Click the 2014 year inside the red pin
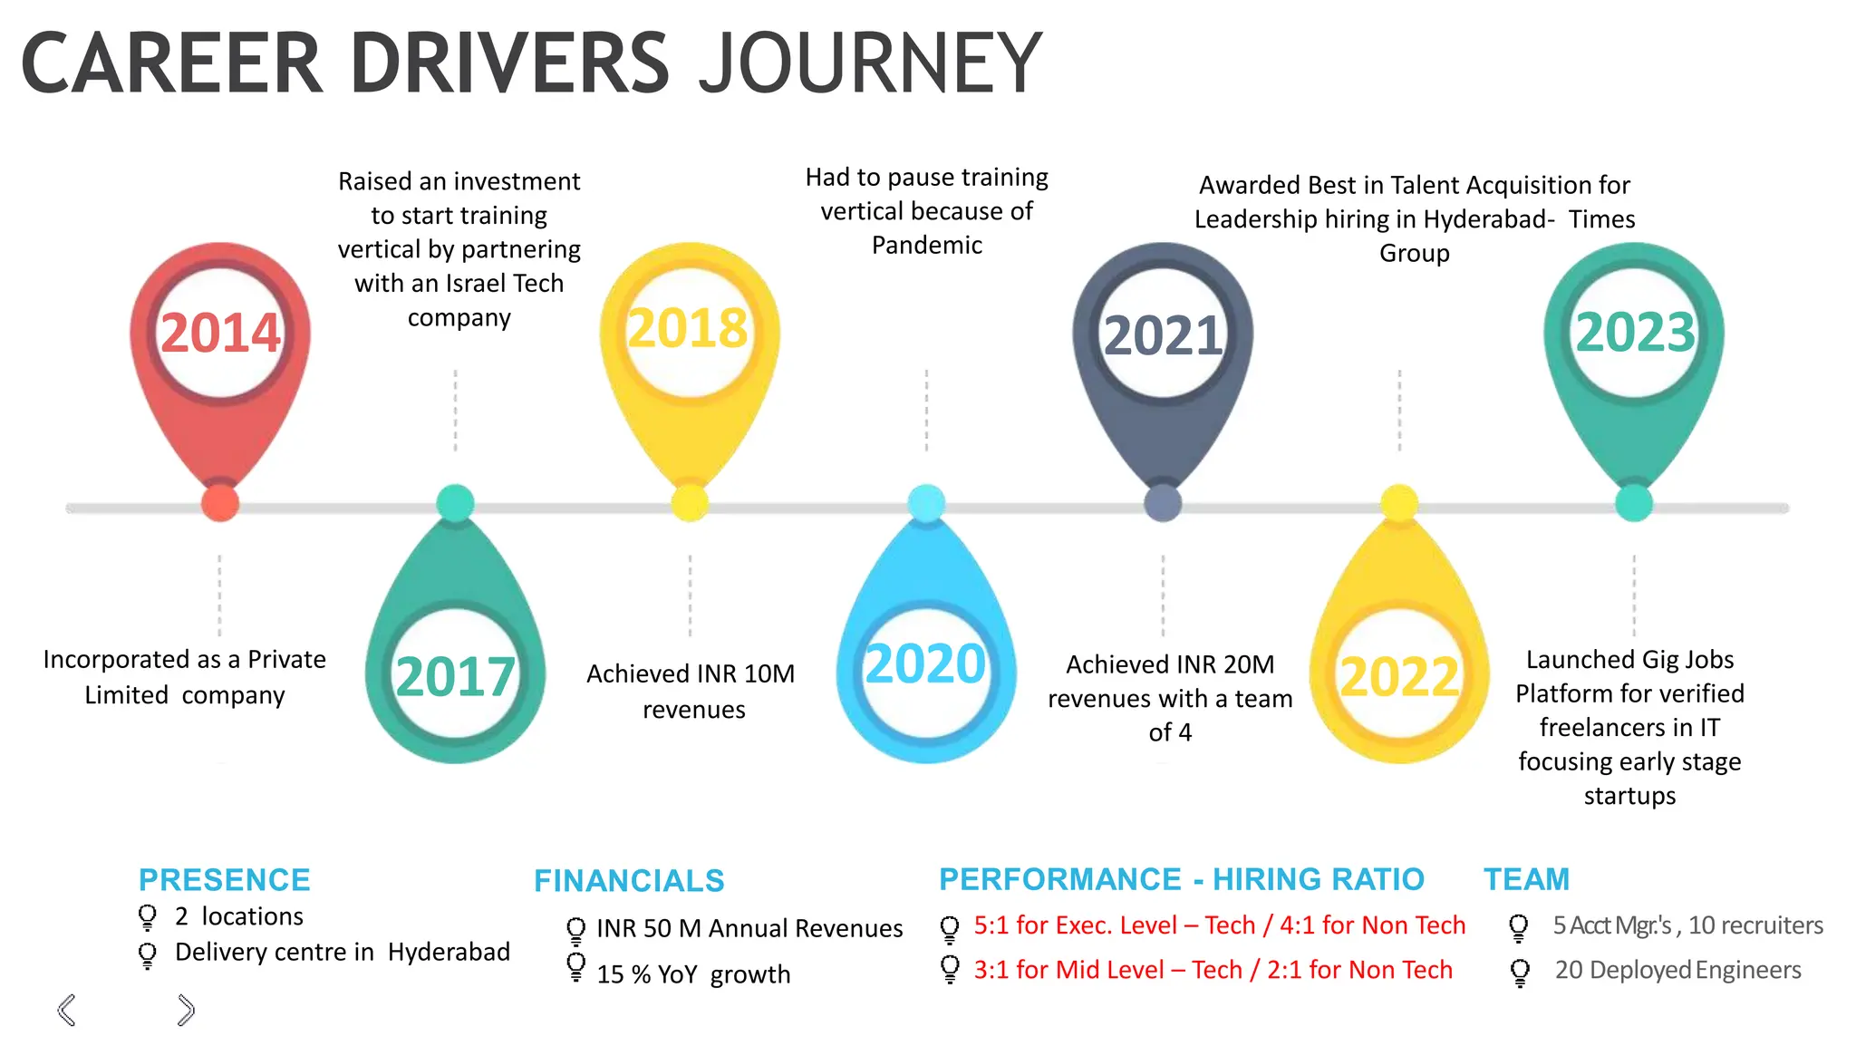pyautogui.click(x=220, y=333)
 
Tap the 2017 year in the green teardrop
pyautogui.click(x=455, y=677)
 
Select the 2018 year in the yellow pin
pyautogui.click(x=688, y=328)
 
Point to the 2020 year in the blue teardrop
pyautogui.click(x=925, y=663)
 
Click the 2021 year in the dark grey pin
pyautogui.click(x=1164, y=336)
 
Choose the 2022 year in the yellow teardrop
pyautogui.click(x=1399, y=677)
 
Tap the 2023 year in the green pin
pyautogui.click(x=1635, y=333)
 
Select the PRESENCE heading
pyautogui.click(x=224, y=879)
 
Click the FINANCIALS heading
pyautogui.click(x=629, y=880)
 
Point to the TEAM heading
pyautogui.click(x=1526, y=878)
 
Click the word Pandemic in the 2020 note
pyautogui.click(x=926, y=246)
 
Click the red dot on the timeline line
pyautogui.click(x=220, y=503)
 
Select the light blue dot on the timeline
pyautogui.click(x=926, y=503)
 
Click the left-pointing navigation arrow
pyautogui.click(x=66, y=1010)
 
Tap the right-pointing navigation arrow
pyautogui.click(x=186, y=1010)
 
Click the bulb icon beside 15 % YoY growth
pyautogui.click(x=575, y=967)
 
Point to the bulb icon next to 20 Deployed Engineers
pyautogui.click(x=1520, y=972)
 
